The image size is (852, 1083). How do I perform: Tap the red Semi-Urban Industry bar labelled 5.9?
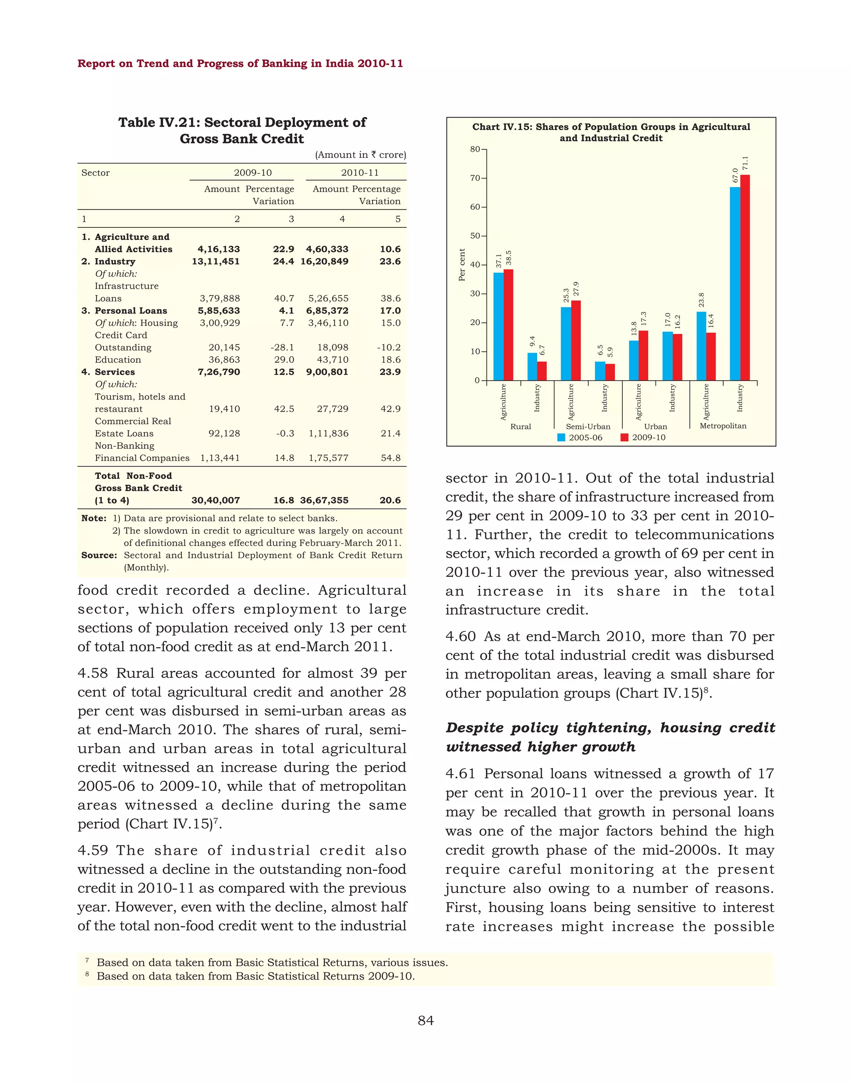[610, 372]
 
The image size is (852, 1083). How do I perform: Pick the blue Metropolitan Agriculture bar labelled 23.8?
[701, 346]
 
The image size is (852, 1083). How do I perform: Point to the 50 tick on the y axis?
[475, 236]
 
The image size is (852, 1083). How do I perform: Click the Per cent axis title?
[462, 265]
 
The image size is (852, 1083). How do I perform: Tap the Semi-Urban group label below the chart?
[588, 427]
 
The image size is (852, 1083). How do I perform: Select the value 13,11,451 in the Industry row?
[215, 261]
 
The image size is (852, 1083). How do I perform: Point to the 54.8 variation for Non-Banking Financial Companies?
[391, 458]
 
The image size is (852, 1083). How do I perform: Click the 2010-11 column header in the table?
[360, 172]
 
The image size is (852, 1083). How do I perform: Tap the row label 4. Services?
[108, 372]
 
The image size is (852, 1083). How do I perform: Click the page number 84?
[426, 1021]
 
